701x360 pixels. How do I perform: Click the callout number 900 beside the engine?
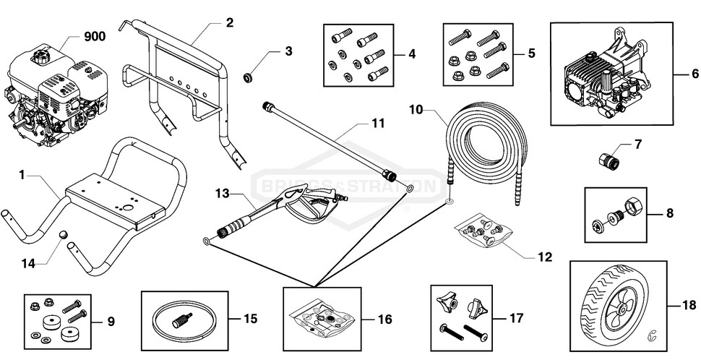click(x=95, y=37)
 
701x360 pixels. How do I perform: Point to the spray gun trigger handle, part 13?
click(x=309, y=205)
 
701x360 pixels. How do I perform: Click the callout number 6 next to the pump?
click(x=695, y=73)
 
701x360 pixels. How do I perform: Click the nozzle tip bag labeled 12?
click(x=480, y=228)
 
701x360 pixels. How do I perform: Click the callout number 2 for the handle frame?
click(x=229, y=22)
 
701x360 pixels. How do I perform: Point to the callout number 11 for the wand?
click(x=378, y=124)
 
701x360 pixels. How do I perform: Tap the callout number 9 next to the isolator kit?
click(x=110, y=320)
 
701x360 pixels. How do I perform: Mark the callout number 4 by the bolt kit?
click(x=411, y=53)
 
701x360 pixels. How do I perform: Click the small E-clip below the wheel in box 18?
click(x=652, y=334)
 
